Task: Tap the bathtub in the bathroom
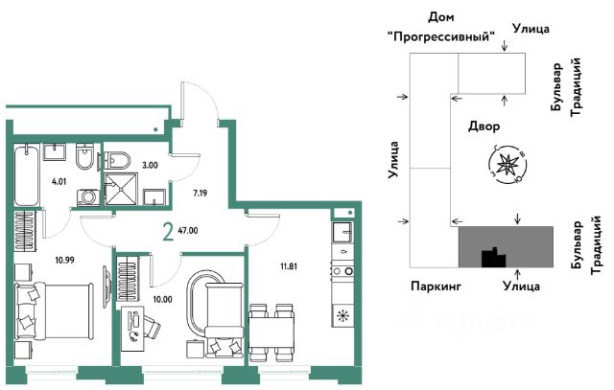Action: tap(27, 173)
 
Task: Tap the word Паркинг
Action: tap(437, 286)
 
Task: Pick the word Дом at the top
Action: tap(442, 17)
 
